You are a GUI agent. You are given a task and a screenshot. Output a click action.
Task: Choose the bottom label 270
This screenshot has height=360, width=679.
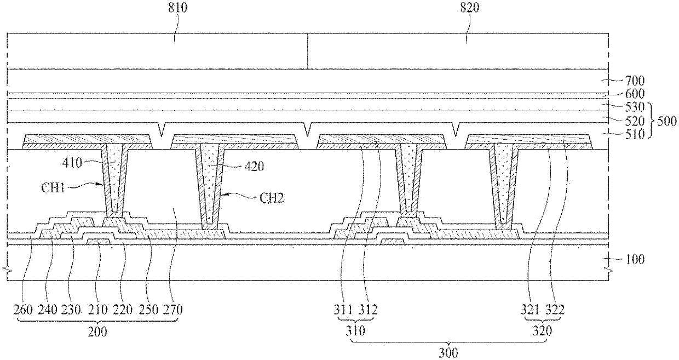coord(173,310)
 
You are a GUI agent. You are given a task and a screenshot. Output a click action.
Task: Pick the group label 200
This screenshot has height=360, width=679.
coord(99,332)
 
